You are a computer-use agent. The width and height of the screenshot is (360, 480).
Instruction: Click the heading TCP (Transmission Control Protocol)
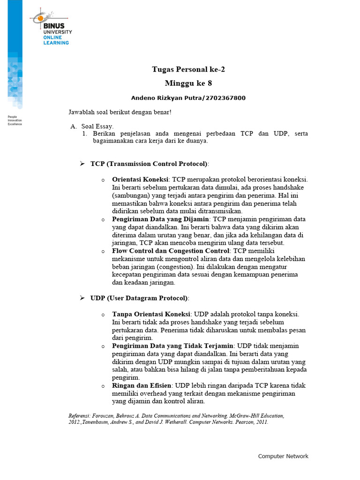(x=149, y=164)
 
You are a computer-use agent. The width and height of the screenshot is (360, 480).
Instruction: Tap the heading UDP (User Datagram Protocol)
(x=139, y=298)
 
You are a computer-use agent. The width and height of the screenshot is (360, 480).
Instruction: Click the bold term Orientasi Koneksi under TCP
(x=141, y=180)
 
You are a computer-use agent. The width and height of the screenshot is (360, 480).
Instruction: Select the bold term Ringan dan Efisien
(x=141, y=385)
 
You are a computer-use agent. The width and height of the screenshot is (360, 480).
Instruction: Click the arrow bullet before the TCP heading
(x=82, y=164)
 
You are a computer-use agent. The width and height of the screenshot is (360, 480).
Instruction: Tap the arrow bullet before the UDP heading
(x=82, y=298)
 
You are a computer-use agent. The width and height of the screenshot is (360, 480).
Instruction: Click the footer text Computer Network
(x=283, y=456)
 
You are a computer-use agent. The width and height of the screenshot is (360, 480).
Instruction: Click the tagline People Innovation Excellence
(x=15, y=120)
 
